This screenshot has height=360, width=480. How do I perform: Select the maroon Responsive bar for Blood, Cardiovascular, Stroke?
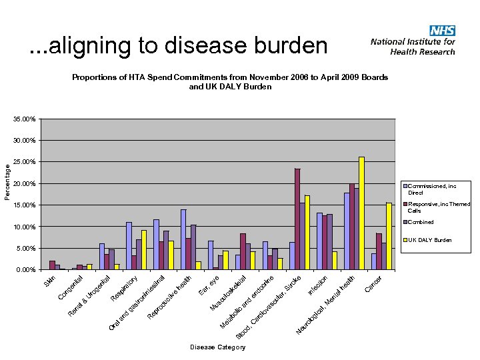coord(297,219)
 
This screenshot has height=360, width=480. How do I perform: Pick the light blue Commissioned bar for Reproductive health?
coord(183,240)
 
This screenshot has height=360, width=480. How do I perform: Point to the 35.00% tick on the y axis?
coord(23,119)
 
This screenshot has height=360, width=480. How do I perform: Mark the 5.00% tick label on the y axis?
coord(24,249)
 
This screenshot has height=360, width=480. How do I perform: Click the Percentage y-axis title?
coord(8,177)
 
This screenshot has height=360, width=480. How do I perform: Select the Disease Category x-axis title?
coord(217,347)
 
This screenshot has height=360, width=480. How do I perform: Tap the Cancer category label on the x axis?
coord(373,284)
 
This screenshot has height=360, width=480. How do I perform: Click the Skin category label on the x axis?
coord(50,282)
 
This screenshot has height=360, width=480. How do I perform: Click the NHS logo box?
coord(442,30)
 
